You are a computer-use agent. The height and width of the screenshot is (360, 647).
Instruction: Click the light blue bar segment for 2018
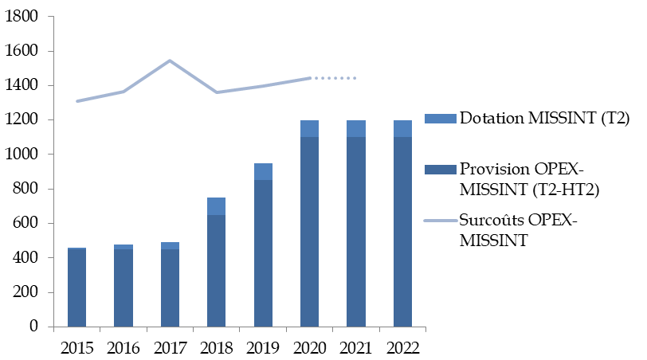216,206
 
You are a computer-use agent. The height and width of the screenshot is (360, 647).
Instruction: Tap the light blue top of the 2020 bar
308,128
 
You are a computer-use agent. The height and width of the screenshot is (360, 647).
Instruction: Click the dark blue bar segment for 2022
402,232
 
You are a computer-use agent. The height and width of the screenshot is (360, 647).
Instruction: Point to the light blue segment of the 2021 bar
355,128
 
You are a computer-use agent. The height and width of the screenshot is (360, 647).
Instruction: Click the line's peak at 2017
170,61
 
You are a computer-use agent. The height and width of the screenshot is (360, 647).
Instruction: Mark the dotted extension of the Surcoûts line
335,78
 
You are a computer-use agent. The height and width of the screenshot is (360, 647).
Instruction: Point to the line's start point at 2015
77,101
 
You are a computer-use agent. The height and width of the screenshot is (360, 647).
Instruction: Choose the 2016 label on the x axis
123,346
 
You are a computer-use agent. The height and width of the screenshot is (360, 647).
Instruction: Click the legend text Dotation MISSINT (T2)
544,119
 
